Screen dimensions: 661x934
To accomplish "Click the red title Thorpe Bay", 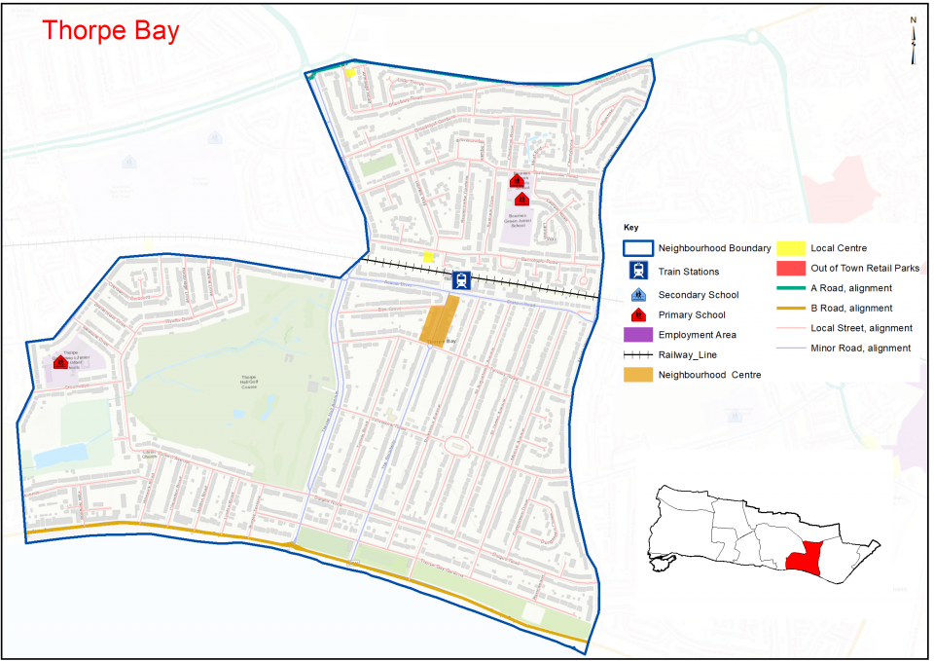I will coord(110,30).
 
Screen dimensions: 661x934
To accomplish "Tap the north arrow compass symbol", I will coord(914,41).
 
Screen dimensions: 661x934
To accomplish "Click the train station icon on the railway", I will coord(461,280).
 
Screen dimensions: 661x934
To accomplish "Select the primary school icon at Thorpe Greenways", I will coord(60,362).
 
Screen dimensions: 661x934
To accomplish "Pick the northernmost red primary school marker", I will coord(518,180).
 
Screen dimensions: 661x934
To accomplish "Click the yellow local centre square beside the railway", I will coord(428,257).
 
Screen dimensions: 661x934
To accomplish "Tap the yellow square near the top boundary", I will coord(349,72).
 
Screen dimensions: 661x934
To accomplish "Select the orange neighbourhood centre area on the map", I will coord(439,319).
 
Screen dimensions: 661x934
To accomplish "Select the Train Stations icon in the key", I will coord(638,272).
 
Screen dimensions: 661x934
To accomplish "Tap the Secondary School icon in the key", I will coord(638,294).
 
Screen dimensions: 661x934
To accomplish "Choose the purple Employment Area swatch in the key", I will coord(637,335).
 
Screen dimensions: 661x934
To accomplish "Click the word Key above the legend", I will coord(632,229).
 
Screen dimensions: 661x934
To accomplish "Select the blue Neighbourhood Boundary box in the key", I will coord(637,248).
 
